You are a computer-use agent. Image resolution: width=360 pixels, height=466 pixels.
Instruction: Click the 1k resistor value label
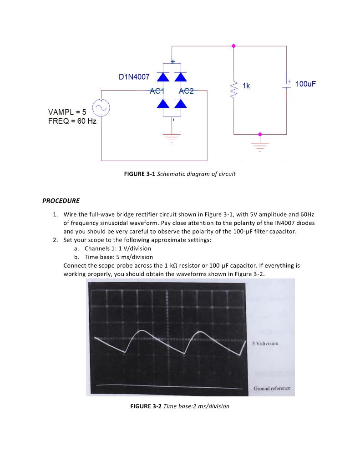click(x=246, y=86)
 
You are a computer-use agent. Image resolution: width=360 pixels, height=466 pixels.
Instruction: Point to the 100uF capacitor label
click(x=305, y=84)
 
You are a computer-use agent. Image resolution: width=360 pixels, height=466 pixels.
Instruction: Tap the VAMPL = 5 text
click(x=67, y=112)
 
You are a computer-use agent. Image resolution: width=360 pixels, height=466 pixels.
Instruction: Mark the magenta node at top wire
click(x=234, y=46)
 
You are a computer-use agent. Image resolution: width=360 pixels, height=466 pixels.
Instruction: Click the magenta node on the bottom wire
click(x=260, y=134)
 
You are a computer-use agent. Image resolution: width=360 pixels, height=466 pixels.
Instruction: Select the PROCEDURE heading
click(x=61, y=201)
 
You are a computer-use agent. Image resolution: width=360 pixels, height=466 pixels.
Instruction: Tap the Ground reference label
click(x=271, y=388)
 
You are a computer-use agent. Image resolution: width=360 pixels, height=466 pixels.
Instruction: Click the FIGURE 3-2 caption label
click(x=146, y=406)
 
